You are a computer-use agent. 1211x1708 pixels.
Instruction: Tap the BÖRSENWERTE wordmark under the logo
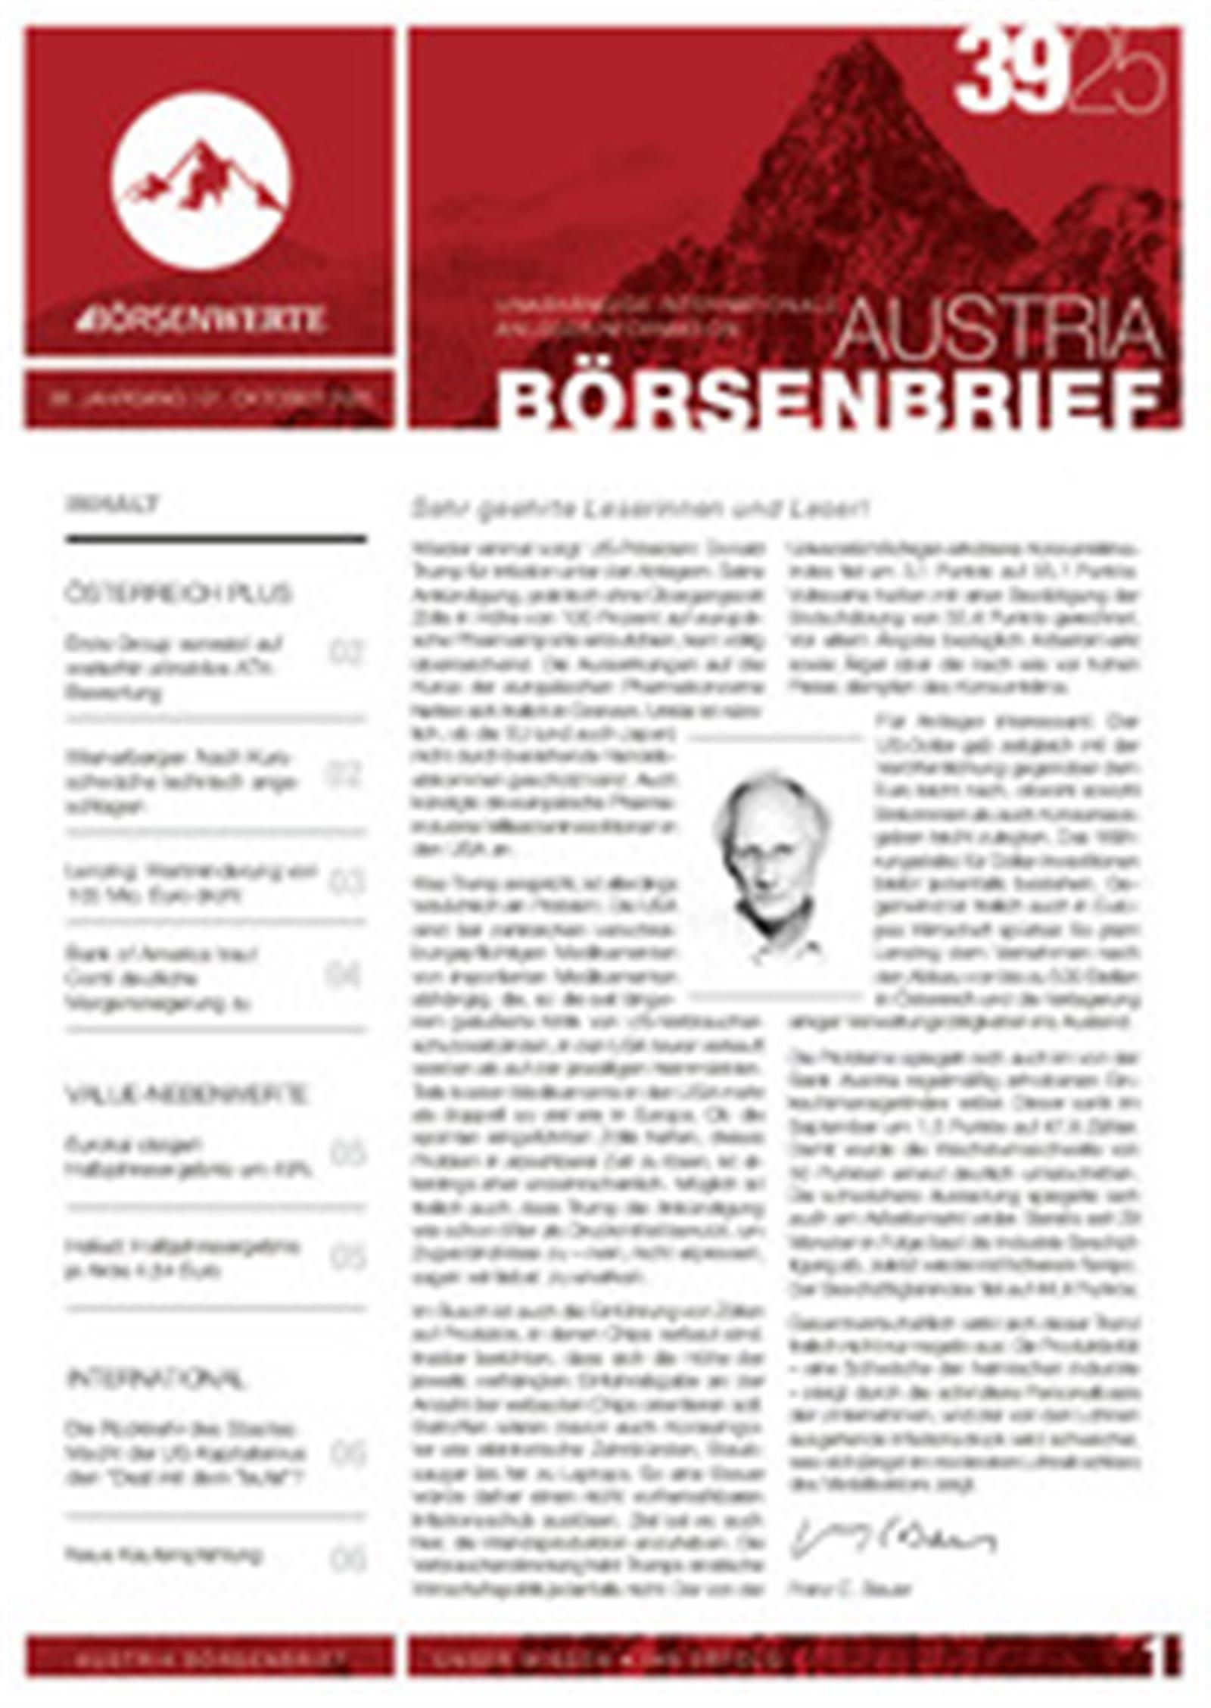coord(201,319)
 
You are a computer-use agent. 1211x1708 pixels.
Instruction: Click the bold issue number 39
coord(1007,73)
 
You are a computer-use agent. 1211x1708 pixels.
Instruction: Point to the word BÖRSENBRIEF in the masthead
coord(829,400)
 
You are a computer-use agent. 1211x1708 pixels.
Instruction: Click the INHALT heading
coord(112,504)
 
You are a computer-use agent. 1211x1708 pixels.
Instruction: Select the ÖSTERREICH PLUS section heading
coord(177,593)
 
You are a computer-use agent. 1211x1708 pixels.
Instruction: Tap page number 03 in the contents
coord(347,883)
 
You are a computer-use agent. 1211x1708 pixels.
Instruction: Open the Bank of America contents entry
coord(160,977)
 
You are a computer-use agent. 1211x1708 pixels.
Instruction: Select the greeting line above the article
coord(640,508)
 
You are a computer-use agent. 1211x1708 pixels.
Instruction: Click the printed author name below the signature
coord(848,1585)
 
